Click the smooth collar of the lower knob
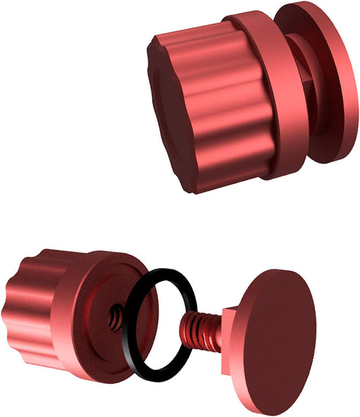pos(70,323)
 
